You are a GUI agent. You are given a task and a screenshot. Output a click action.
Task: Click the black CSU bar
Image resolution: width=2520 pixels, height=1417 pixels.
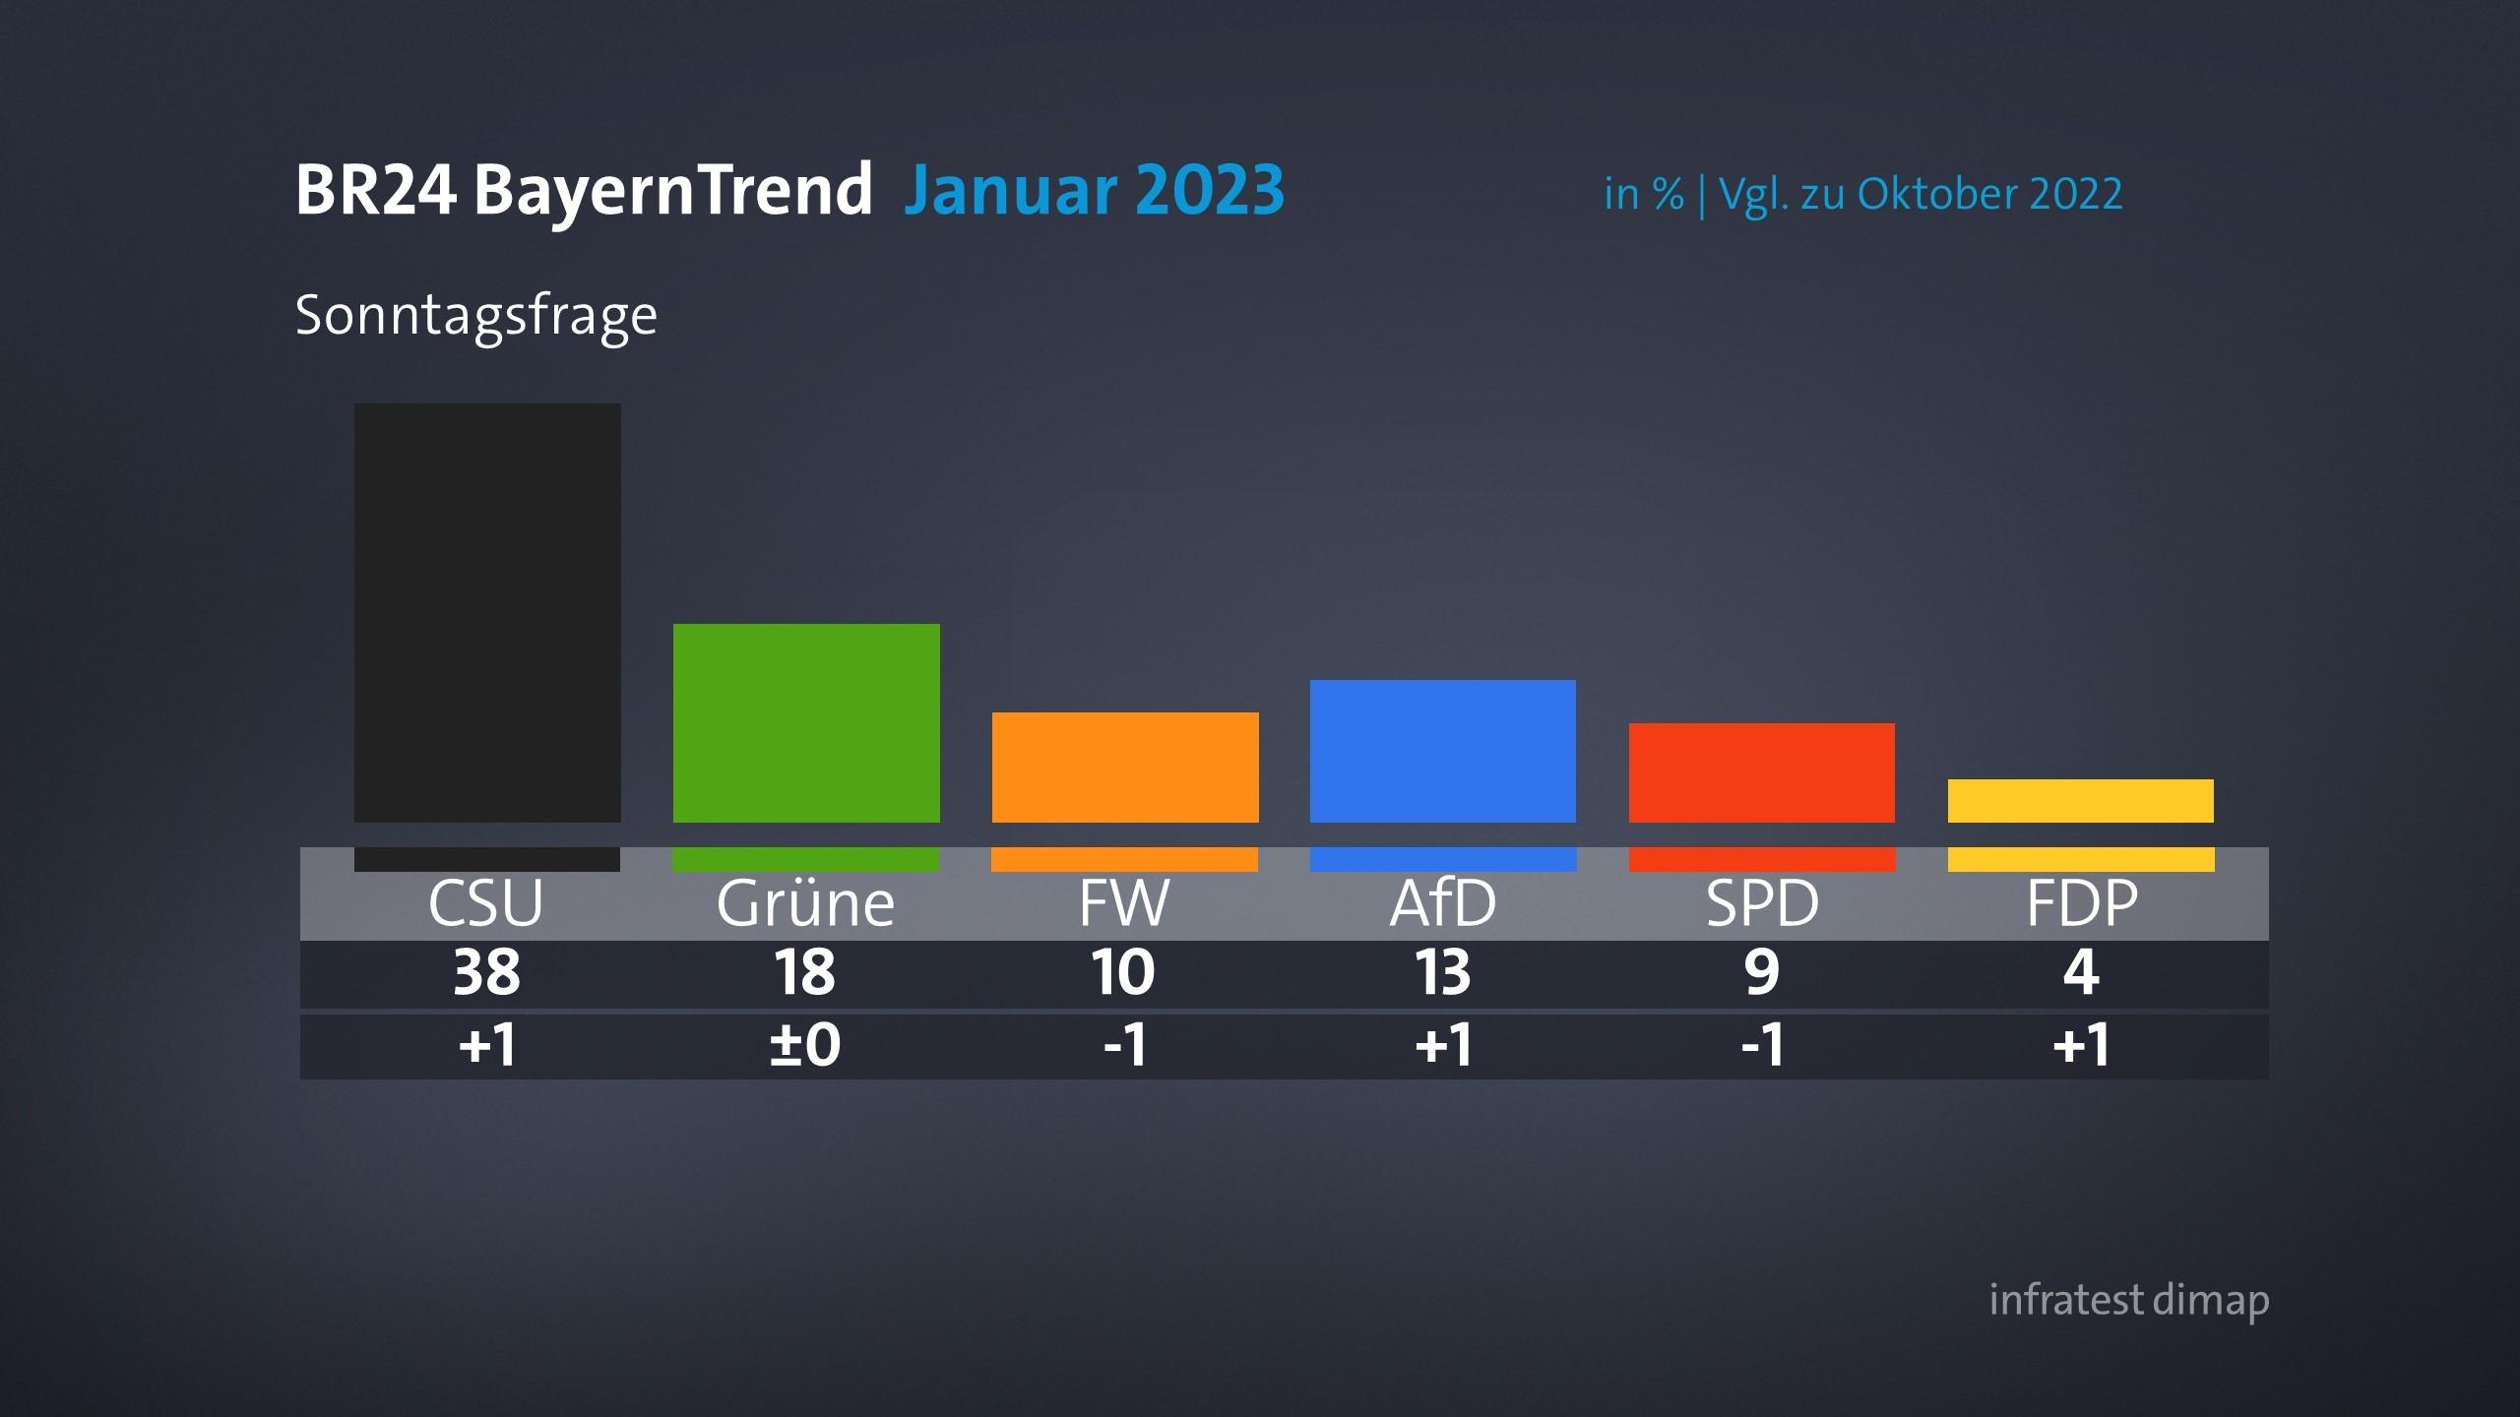point(487,612)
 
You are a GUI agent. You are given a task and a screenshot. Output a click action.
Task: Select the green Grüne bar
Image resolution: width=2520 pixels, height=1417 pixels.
point(806,722)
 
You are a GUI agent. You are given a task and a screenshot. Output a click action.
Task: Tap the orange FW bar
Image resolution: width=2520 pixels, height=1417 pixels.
point(1125,767)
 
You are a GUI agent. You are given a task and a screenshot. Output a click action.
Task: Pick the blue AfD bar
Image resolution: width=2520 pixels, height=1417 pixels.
point(1443,750)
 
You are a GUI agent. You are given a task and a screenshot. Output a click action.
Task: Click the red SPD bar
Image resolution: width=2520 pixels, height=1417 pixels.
point(1761,772)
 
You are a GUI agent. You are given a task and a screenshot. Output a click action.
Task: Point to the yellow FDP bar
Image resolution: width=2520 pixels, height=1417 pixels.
point(2080,800)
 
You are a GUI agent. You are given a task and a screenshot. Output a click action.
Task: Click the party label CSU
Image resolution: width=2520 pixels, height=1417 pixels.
point(485,902)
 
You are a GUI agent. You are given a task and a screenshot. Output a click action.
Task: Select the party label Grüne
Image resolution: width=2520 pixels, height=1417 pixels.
point(805,903)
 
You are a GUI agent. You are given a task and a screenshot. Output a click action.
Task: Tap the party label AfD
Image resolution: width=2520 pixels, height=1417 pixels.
point(1442,902)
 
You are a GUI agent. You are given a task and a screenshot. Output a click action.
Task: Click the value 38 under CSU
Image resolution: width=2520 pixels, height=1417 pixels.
point(486,973)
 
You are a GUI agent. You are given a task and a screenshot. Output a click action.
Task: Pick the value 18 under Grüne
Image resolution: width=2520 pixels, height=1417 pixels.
point(805,973)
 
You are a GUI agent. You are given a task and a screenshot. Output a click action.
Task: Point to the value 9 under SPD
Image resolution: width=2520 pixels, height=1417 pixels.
point(1761,973)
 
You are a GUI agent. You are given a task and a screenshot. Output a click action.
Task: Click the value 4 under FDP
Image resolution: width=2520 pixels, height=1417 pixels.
point(2080,973)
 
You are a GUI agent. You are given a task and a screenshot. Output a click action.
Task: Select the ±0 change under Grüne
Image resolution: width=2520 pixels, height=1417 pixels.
point(805,1045)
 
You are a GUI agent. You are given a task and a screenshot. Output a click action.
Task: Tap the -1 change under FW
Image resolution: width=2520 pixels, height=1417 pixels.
point(1125,1045)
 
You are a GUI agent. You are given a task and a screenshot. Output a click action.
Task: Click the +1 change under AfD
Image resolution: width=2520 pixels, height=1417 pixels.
point(1443,1045)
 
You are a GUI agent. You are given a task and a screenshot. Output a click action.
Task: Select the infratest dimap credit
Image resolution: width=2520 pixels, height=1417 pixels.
point(2128,1300)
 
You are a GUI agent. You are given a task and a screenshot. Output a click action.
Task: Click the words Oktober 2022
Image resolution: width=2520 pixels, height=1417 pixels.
point(1989,194)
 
